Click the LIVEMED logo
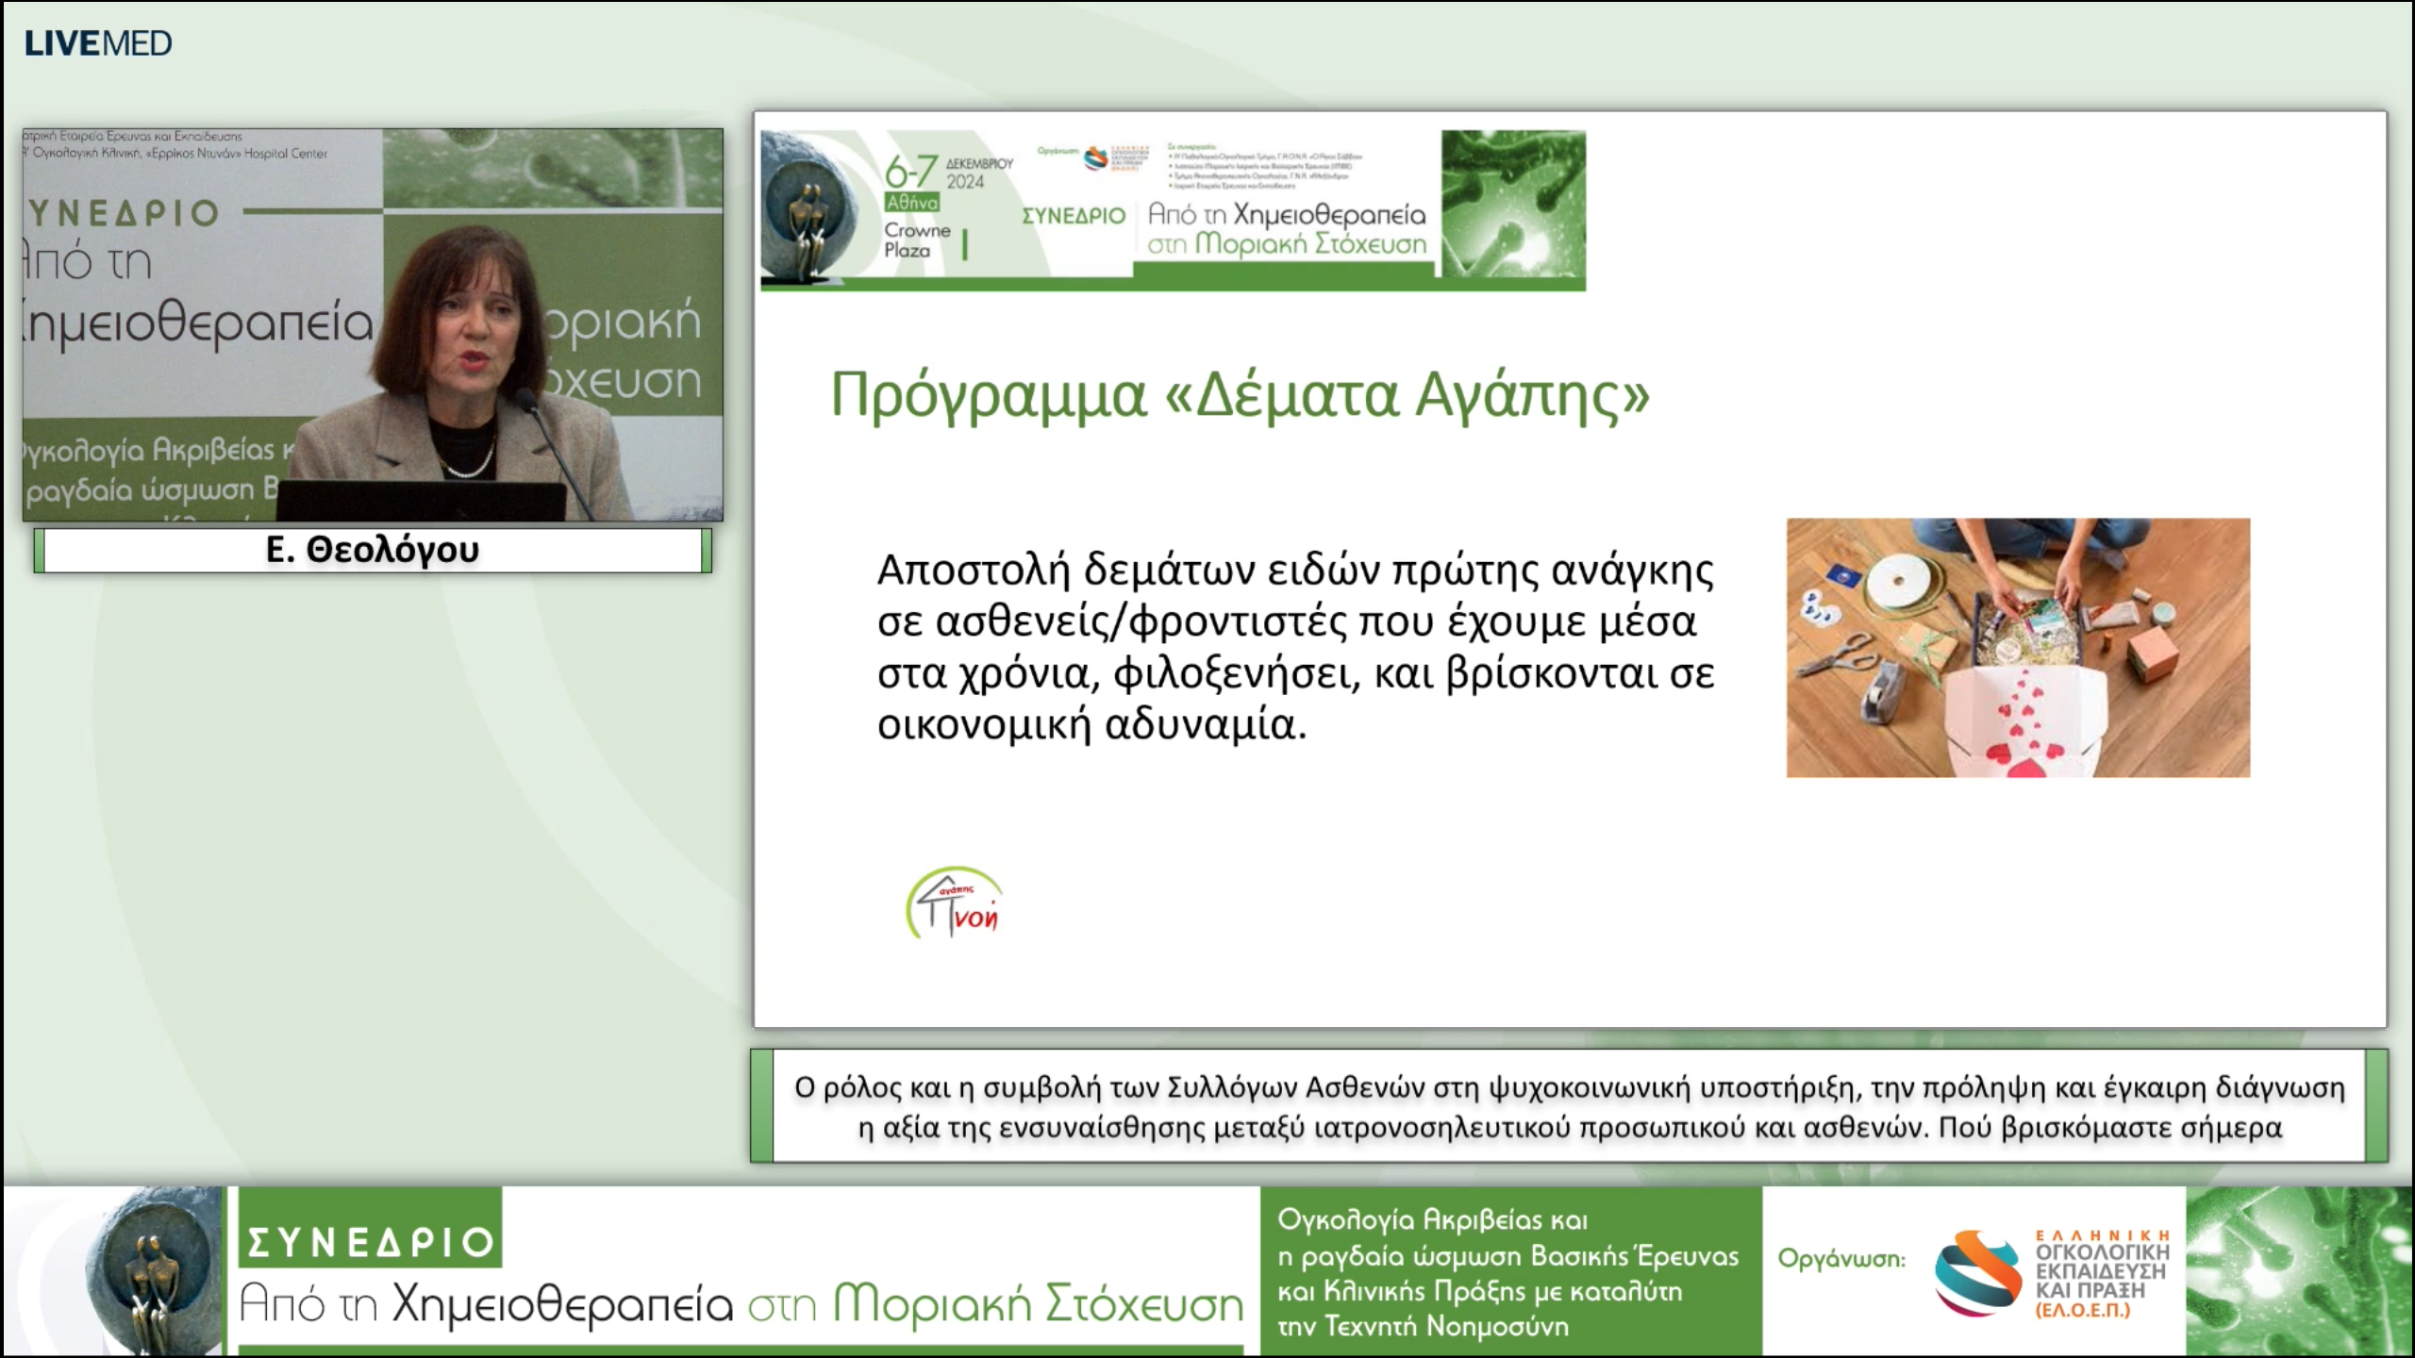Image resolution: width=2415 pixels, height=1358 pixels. (98, 43)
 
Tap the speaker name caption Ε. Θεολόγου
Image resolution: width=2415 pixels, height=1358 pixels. (373, 550)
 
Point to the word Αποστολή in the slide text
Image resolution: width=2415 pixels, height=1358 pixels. (974, 570)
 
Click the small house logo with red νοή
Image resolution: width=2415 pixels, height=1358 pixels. (955, 903)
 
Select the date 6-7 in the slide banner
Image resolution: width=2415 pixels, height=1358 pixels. (909, 172)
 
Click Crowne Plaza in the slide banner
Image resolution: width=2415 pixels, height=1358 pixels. (915, 240)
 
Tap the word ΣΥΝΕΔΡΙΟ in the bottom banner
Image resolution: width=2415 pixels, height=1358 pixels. (370, 1242)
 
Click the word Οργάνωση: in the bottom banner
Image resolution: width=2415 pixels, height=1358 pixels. (1840, 1259)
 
